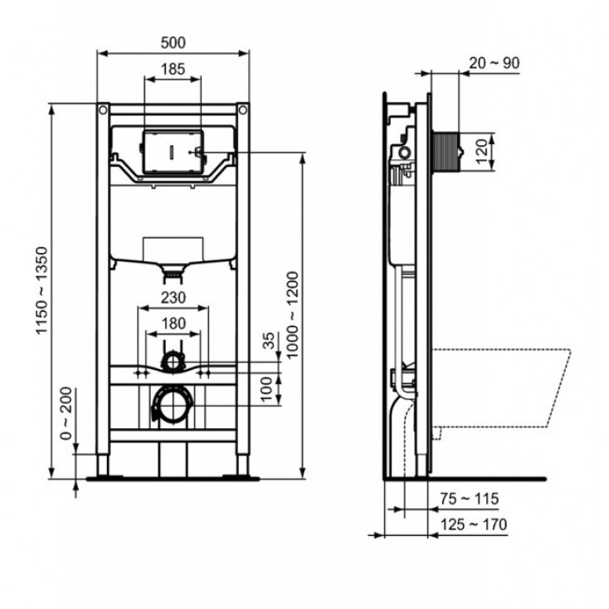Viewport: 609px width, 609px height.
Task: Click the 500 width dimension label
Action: (x=173, y=42)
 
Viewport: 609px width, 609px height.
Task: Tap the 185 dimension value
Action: (x=173, y=69)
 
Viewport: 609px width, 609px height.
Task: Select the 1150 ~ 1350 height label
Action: (x=42, y=290)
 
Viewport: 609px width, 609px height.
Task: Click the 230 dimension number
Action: (x=173, y=298)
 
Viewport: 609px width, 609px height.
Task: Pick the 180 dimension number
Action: (x=173, y=323)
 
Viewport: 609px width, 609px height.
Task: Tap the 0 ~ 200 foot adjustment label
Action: (x=66, y=413)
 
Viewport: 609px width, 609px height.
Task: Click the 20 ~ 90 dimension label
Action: (x=495, y=63)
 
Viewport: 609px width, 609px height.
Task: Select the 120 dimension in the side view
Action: (x=481, y=152)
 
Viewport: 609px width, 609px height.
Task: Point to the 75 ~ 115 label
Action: (x=469, y=499)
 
